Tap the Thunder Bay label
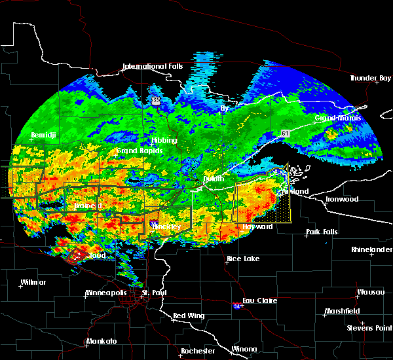point(370,78)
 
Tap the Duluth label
point(212,178)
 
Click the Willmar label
point(33,282)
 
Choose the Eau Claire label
point(260,300)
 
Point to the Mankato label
point(102,342)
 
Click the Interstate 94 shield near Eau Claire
point(237,306)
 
